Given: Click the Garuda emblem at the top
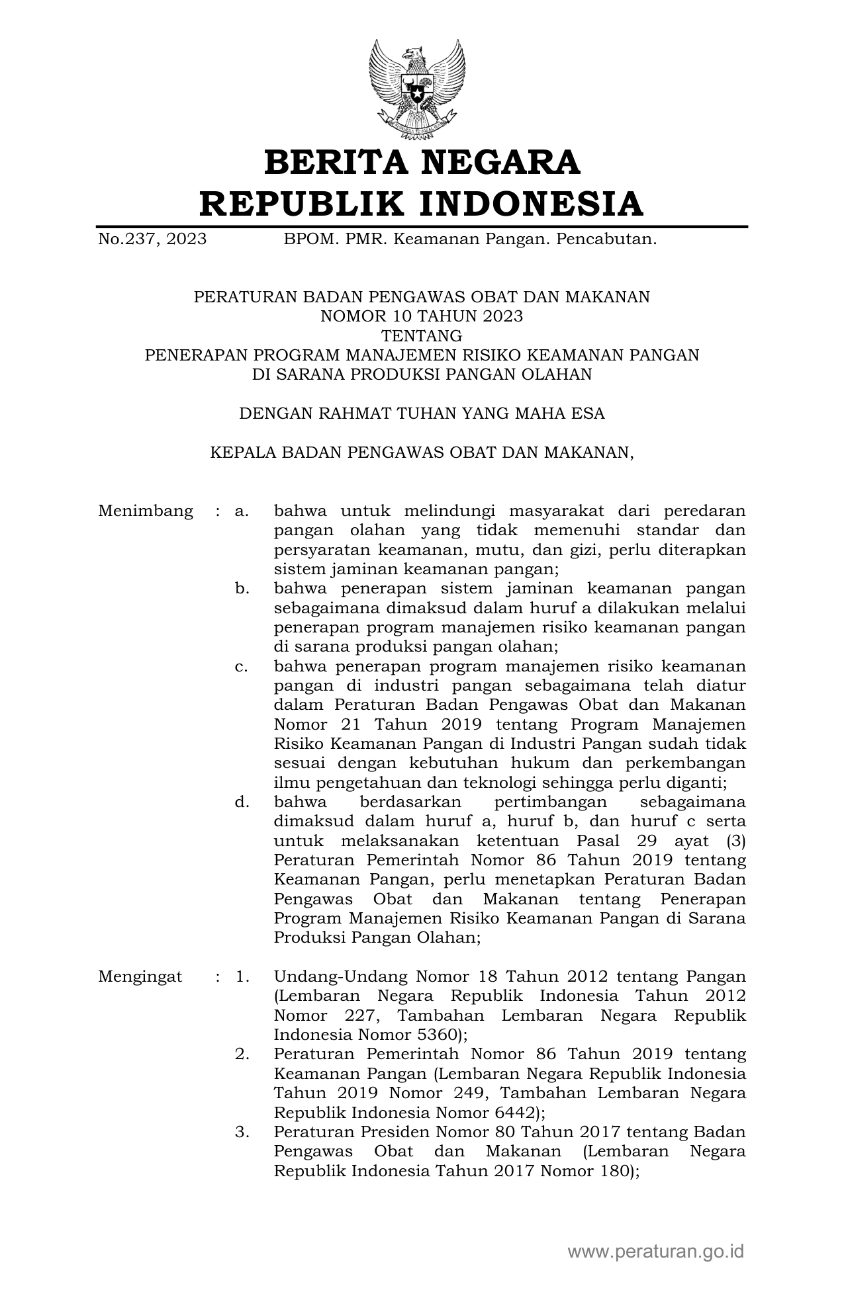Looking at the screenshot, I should [417, 89].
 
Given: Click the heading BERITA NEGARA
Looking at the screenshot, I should [422, 163].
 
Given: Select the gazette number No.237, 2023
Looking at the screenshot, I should [152, 239].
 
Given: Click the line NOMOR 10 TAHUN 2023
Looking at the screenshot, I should [422, 316].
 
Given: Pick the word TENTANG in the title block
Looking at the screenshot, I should [422, 335].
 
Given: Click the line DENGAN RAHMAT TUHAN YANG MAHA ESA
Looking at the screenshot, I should [422, 413].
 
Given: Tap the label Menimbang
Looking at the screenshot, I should [146, 511].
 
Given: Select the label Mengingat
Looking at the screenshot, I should [140, 976].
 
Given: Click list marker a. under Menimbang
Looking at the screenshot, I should [242, 511].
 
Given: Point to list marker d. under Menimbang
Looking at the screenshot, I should [242, 802].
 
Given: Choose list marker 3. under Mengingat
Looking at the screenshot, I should [242, 1132].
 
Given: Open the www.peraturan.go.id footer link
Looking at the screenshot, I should [656, 1252].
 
